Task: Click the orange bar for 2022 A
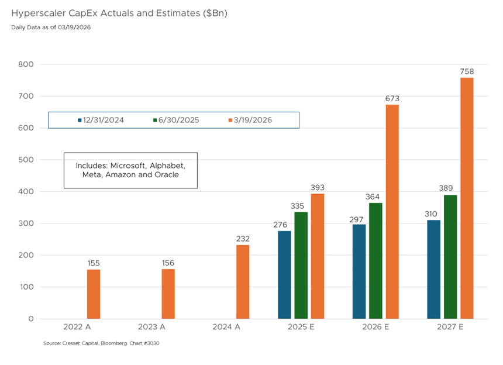[94, 294]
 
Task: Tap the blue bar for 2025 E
[284, 275]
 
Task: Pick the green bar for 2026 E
[375, 261]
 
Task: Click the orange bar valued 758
[467, 198]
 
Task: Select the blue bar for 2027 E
[434, 269]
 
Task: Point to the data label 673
[392, 99]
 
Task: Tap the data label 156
[168, 263]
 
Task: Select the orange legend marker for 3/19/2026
[230, 120]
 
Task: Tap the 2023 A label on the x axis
[151, 327]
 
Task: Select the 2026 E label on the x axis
[375, 327]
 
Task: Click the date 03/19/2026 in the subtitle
[74, 27]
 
